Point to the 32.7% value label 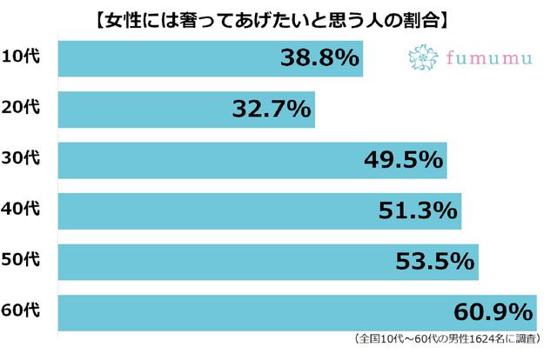click(272, 109)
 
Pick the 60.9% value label click(493, 310)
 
